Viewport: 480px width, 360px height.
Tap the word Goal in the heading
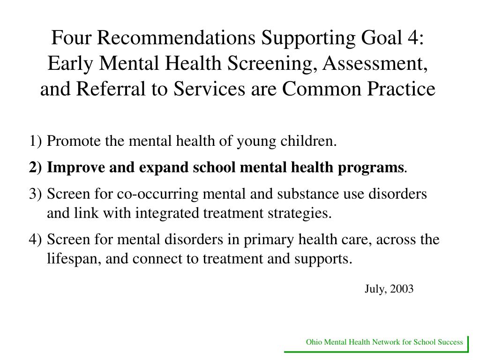(378, 38)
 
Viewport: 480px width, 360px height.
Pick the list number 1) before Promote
(35, 141)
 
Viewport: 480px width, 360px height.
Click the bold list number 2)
(35, 167)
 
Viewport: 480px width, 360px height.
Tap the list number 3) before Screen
(35, 194)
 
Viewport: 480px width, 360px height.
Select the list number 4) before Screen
(35, 240)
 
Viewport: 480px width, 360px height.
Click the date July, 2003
(389, 289)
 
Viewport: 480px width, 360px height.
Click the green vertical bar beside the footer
(468, 343)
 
